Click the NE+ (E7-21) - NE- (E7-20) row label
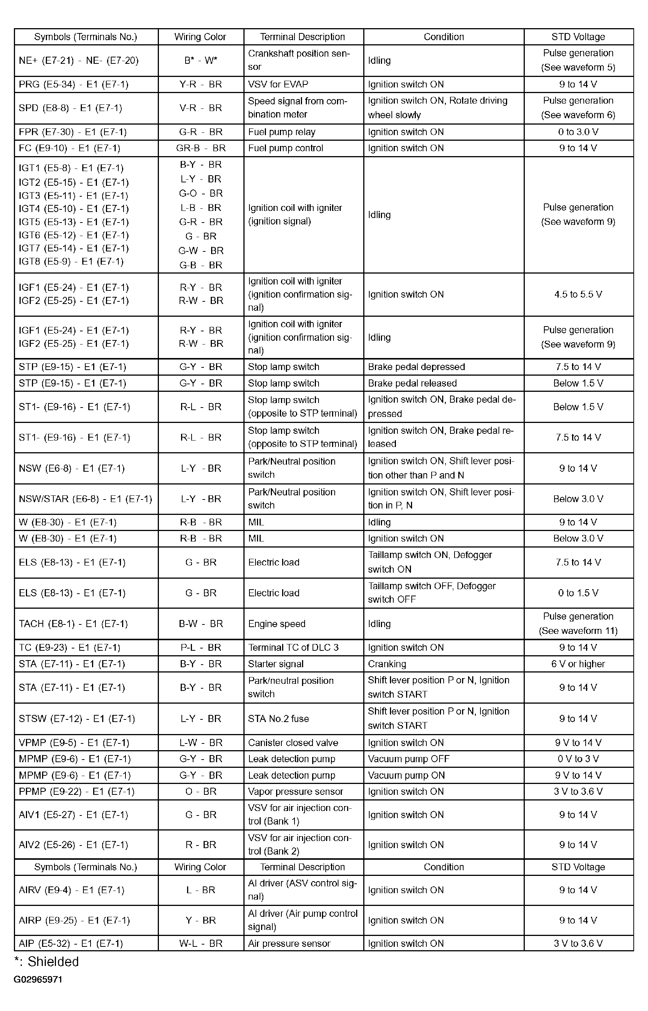(x=79, y=60)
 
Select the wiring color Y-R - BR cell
(x=201, y=84)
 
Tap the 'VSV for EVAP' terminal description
(x=278, y=84)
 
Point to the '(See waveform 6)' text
(x=578, y=115)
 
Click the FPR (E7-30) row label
(x=73, y=132)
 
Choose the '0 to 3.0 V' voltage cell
(x=578, y=132)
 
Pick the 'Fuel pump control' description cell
(x=286, y=148)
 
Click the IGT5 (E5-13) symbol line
(x=74, y=222)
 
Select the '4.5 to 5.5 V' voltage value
(x=578, y=294)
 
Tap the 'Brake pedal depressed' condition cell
(x=416, y=367)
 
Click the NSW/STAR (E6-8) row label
(x=85, y=499)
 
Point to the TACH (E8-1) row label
(x=73, y=624)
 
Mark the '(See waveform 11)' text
(x=578, y=631)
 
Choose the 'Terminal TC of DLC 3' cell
(x=293, y=647)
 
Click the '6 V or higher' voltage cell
(x=578, y=664)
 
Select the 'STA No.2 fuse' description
(x=279, y=718)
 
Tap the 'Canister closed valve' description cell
(x=293, y=743)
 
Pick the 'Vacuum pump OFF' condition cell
(x=409, y=759)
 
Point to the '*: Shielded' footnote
(x=47, y=962)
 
